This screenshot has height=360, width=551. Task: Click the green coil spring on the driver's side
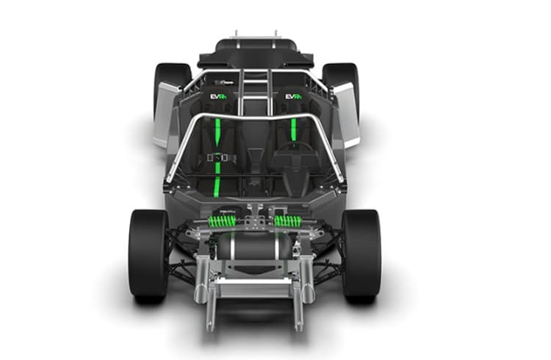[x=288, y=220]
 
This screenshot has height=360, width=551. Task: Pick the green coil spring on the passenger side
[x=223, y=220]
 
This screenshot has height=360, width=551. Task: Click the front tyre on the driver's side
[x=361, y=253]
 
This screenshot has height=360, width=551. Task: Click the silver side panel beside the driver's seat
[x=345, y=114]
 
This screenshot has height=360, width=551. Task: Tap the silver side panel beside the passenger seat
[x=166, y=114]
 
